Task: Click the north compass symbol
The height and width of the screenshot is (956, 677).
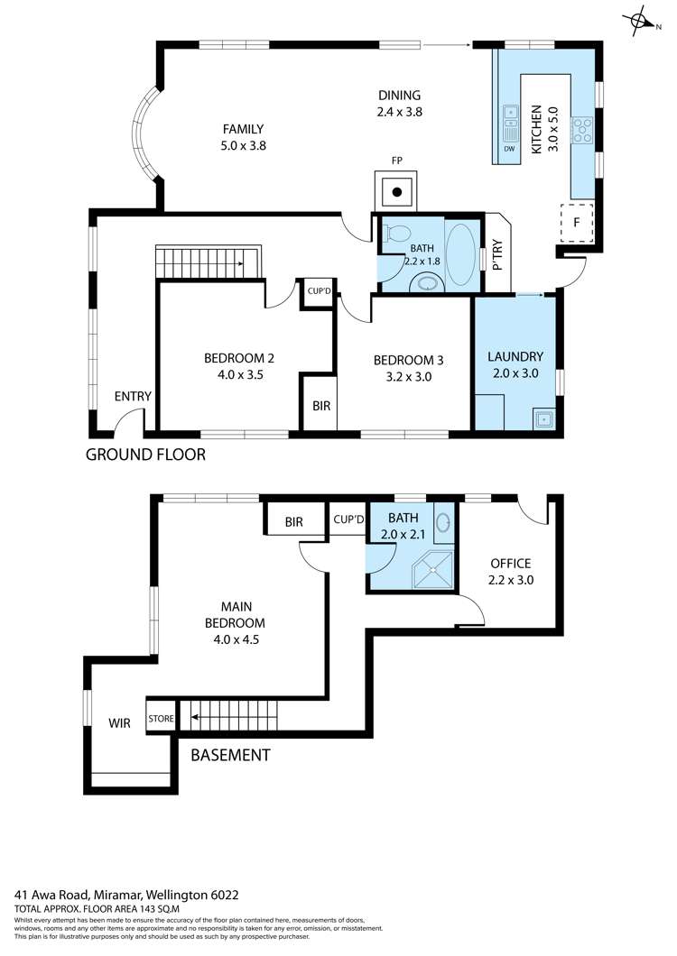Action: (x=640, y=21)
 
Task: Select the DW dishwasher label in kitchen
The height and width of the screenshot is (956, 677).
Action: (x=510, y=149)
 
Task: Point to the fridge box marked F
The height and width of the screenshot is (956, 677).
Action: (x=577, y=222)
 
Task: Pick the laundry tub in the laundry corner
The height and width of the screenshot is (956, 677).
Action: (x=543, y=417)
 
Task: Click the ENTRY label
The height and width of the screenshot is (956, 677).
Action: (x=133, y=397)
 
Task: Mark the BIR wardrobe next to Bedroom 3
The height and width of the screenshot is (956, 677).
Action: (x=321, y=406)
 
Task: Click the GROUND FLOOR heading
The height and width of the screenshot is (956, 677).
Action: (x=145, y=455)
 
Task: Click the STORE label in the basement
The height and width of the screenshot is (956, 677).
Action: (x=162, y=719)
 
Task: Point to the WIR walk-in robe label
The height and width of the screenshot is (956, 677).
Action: (x=120, y=722)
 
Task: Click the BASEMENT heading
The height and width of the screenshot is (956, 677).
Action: (x=230, y=755)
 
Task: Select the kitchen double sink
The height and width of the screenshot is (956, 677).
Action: (x=510, y=120)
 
